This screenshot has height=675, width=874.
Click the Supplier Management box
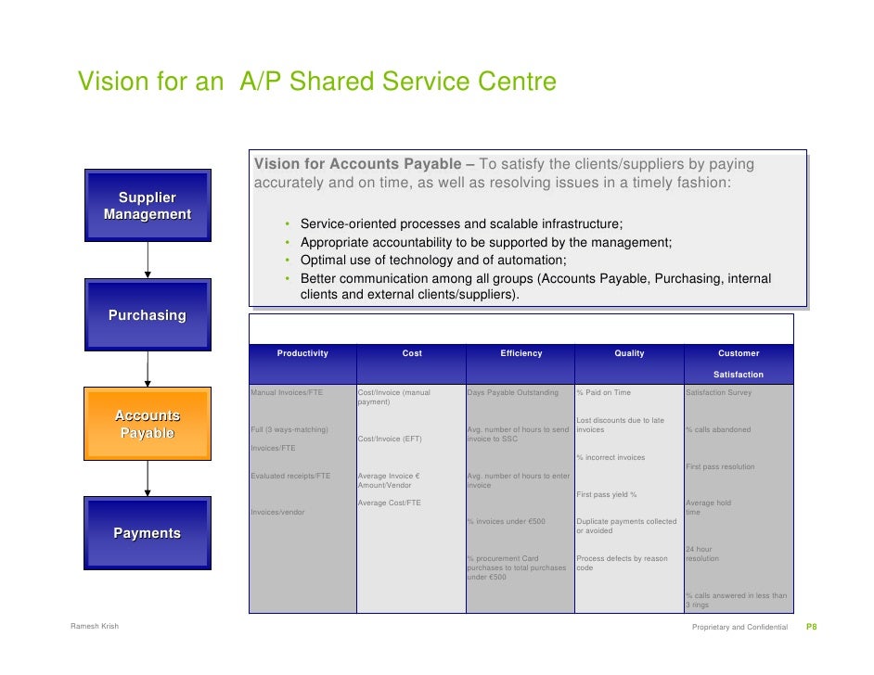coord(148,206)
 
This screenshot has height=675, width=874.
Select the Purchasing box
coord(148,316)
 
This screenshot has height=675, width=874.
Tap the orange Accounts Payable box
coord(148,425)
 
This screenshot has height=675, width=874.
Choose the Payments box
coord(148,533)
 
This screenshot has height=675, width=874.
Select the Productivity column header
coord(302,353)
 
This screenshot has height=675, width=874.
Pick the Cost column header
coord(412,353)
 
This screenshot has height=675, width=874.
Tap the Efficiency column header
coord(521,353)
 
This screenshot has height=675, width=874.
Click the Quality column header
coord(629,353)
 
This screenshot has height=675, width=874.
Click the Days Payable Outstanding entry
coord(513,393)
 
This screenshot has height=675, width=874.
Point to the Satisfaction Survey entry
coord(718,393)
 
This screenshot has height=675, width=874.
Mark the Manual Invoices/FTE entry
coord(287,393)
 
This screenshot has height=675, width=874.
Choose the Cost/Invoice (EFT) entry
coord(390,439)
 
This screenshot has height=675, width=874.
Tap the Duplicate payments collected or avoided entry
coord(626,527)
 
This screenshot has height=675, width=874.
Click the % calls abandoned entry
coord(718,429)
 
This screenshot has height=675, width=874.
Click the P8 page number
coord(810,628)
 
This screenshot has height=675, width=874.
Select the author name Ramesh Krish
coord(95,628)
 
